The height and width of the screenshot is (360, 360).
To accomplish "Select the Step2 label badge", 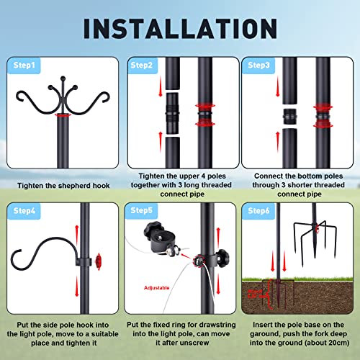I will pos(143,65).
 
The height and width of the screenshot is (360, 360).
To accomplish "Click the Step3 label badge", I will pos(260,65).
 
